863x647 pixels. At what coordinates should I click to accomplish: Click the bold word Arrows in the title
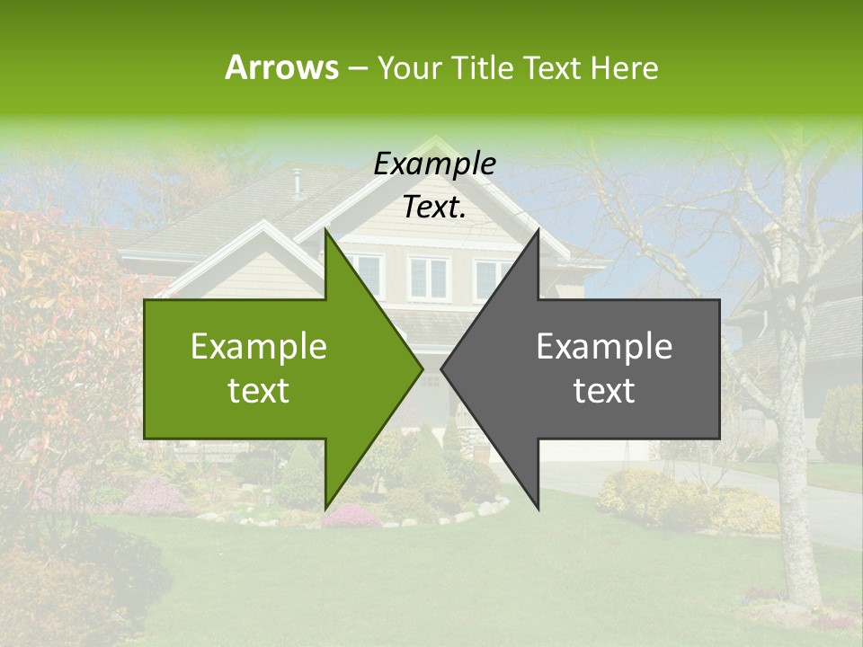281,67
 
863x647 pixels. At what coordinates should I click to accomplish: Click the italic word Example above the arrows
434,164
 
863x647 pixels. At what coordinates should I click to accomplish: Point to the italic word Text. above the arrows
434,207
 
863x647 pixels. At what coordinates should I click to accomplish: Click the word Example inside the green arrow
259,346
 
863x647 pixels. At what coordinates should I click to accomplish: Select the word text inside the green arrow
259,390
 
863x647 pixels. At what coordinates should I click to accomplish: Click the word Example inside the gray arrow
604,346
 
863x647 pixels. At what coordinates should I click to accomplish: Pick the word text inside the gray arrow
604,390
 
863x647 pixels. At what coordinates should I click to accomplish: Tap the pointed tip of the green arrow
421,368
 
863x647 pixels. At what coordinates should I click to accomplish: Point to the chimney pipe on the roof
297,182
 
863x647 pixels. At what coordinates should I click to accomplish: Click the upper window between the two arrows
428,278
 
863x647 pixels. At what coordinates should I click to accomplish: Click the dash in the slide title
356,68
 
